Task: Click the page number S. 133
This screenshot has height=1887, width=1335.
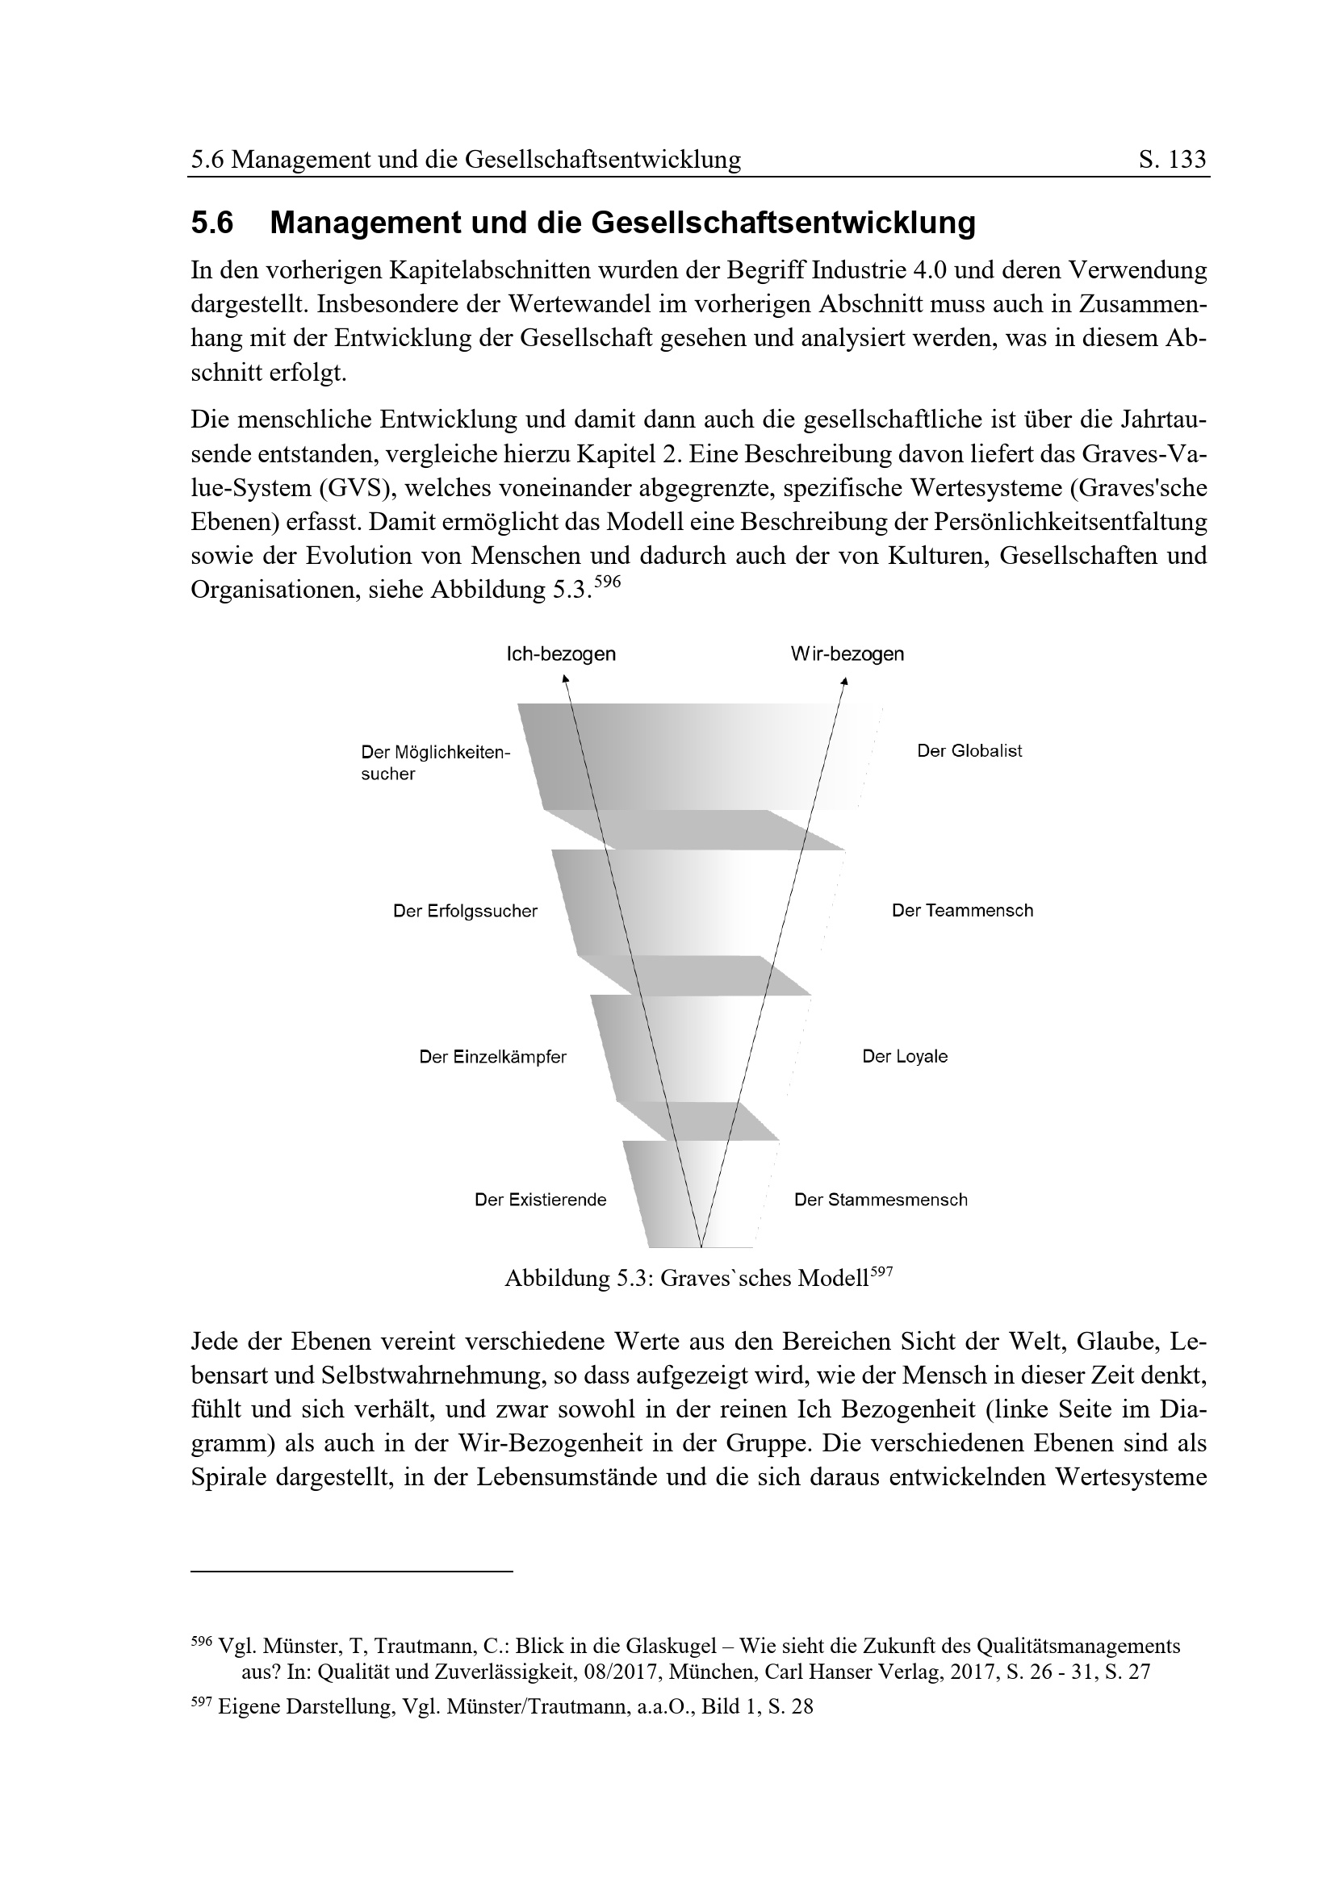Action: tap(1172, 159)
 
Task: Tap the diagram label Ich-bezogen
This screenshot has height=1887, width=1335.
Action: tap(561, 654)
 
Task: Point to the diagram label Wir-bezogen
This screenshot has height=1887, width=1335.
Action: tap(847, 654)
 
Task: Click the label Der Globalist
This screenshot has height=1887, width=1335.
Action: tap(969, 751)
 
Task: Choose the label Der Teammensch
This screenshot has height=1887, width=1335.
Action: tap(962, 911)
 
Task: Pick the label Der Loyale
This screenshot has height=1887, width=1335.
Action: tap(904, 1057)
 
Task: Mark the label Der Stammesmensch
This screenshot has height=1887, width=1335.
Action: tap(881, 1200)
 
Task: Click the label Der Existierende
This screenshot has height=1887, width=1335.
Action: tap(540, 1200)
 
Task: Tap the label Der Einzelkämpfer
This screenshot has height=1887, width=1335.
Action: tap(492, 1057)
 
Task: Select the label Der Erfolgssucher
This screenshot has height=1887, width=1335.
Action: tap(465, 912)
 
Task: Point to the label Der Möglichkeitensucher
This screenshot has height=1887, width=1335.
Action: tap(435, 762)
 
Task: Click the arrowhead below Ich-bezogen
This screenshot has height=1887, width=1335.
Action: tap(565, 678)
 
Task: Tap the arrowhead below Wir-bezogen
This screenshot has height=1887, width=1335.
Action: tap(844, 681)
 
